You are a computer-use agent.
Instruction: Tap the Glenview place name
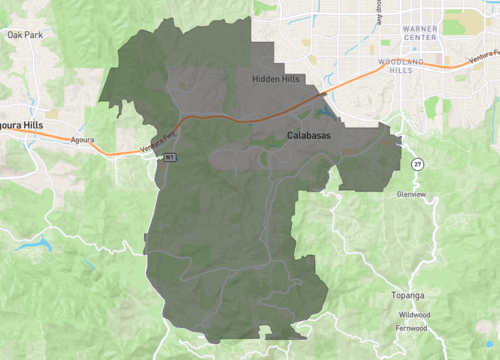click(x=412, y=193)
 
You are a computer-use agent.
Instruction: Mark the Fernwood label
click(x=411, y=327)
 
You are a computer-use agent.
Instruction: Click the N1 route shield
click(x=170, y=157)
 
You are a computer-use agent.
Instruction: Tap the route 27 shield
click(x=415, y=163)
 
